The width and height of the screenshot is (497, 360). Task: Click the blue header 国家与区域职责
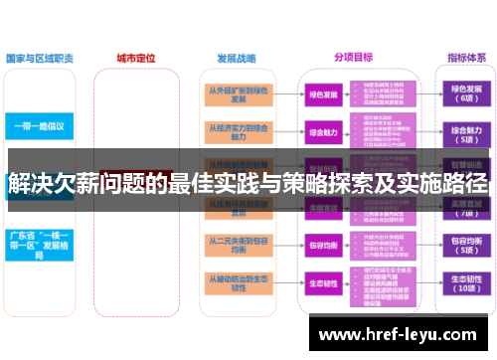tap(39, 59)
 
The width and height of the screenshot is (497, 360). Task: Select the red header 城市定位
tap(136, 59)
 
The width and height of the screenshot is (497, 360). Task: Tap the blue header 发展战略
tap(237, 59)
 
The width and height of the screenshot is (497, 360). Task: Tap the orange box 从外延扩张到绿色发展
tap(238, 95)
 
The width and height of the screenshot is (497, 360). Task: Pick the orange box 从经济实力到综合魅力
tap(238, 132)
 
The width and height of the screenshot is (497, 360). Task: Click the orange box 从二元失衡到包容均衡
tap(238, 246)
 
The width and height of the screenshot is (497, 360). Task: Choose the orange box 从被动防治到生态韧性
tap(238, 283)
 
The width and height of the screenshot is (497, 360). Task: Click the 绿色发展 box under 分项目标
tap(322, 95)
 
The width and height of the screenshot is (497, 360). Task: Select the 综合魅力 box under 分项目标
tap(322, 131)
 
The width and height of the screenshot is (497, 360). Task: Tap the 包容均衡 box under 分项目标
tap(322, 245)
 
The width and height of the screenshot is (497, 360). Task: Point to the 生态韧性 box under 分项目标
tap(322, 283)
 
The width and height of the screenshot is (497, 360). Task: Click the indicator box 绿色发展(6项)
tap(465, 95)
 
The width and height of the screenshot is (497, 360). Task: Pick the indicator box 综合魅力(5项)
tap(465, 133)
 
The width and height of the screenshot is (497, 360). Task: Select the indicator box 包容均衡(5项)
tap(465, 246)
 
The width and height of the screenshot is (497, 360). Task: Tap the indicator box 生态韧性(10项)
tap(465, 283)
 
